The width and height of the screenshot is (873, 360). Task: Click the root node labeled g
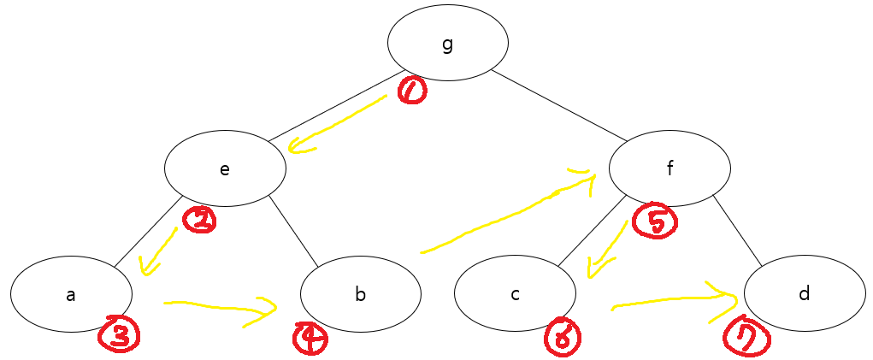[447, 42]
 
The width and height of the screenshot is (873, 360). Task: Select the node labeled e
[225, 168]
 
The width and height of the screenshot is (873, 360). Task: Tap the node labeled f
[669, 168]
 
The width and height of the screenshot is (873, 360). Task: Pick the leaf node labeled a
[71, 294]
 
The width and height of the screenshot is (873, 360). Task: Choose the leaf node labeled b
[360, 294]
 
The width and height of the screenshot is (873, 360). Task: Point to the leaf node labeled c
[515, 294]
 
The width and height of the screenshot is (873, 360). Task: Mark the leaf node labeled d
[804, 294]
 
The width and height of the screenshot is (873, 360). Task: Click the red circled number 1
[411, 90]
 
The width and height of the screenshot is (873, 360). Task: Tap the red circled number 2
[200, 221]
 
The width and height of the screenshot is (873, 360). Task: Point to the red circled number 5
[655, 221]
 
